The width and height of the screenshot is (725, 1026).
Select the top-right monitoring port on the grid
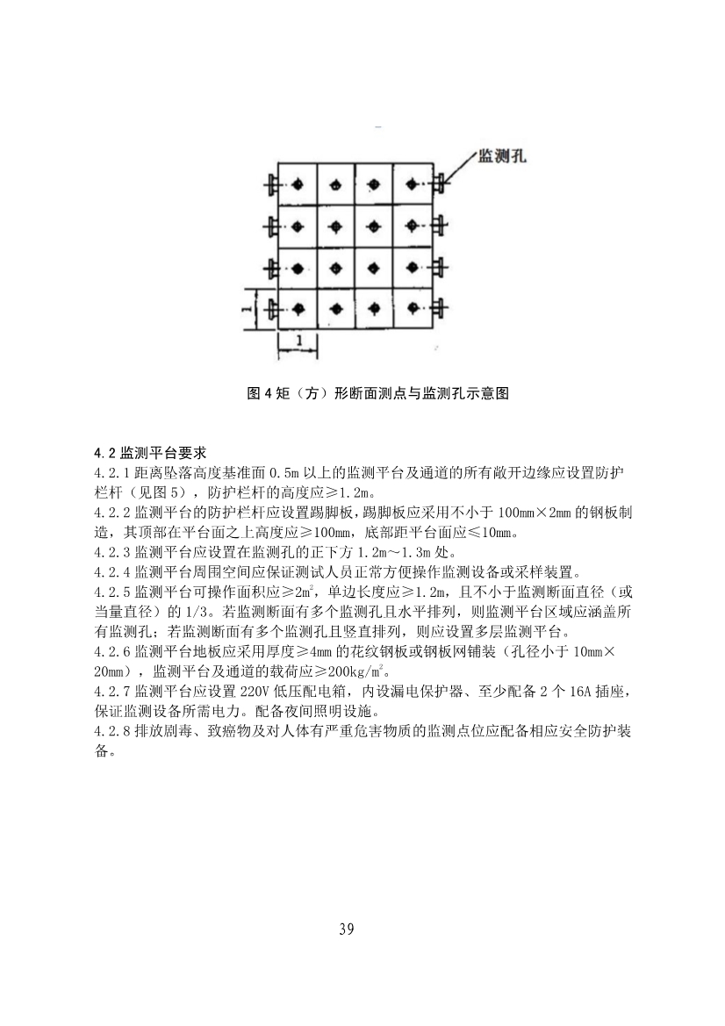pyautogui.click(x=441, y=184)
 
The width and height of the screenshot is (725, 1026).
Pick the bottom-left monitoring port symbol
pyautogui.click(x=270, y=309)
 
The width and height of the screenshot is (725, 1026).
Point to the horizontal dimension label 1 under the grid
pyautogui.click(x=299, y=340)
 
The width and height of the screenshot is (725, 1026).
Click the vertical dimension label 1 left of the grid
pyautogui.click(x=248, y=309)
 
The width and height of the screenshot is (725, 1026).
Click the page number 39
pyautogui.click(x=346, y=929)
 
